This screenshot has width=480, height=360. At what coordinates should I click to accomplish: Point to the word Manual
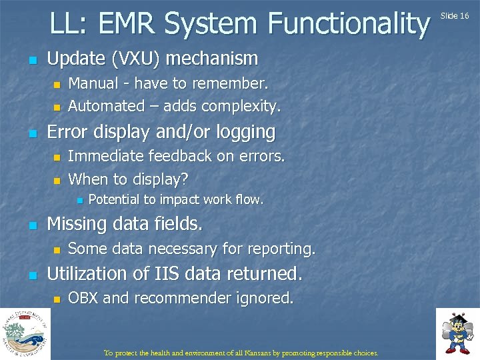tap(93, 83)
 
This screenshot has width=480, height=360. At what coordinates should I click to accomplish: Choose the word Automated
tap(106, 106)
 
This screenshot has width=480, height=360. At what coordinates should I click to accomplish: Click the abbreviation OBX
tap(84, 298)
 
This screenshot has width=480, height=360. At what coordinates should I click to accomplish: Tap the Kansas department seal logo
tap(25, 333)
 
